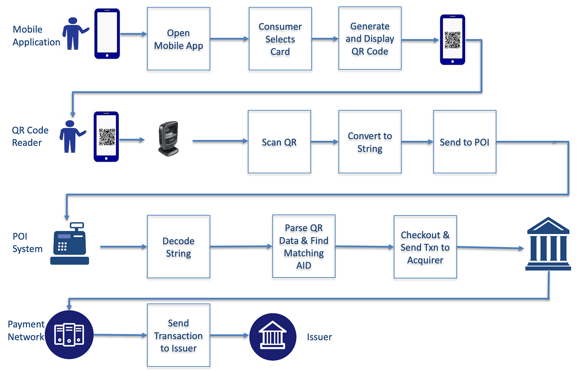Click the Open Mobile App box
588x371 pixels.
click(x=178, y=39)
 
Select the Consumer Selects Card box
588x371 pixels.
click(x=280, y=39)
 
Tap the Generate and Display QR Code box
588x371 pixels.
click(x=370, y=39)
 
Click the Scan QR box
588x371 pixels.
click(x=279, y=142)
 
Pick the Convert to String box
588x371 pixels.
click(x=370, y=142)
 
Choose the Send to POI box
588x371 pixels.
click(x=465, y=142)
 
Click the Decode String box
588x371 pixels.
click(x=178, y=247)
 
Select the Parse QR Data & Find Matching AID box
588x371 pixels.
click(x=304, y=247)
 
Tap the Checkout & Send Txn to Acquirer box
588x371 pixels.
click(x=425, y=247)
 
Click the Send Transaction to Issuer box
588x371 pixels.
click(x=178, y=335)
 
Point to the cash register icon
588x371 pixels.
click(x=70, y=244)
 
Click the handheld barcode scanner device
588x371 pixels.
click(x=169, y=139)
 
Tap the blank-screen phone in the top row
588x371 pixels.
click(x=107, y=34)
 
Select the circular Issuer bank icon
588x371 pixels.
click(x=273, y=337)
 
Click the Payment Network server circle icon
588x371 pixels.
click(x=69, y=335)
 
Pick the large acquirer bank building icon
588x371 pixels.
click(x=548, y=244)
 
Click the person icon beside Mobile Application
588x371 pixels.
click(x=74, y=34)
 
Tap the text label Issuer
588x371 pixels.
click(x=319, y=337)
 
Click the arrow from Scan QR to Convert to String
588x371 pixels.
click(x=325, y=142)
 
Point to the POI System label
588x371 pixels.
click(x=27, y=242)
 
